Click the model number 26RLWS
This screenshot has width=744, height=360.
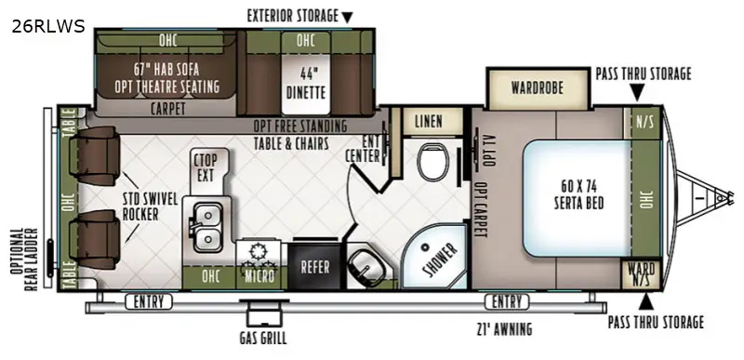(47, 26)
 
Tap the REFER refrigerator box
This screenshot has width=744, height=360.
(314, 266)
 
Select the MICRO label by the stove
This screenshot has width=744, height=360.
(259, 277)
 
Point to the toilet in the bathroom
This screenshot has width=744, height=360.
(430, 166)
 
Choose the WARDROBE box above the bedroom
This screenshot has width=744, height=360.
(538, 89)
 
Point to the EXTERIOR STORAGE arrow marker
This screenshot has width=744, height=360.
(348, 17)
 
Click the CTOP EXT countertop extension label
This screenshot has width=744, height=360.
(206, 167)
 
